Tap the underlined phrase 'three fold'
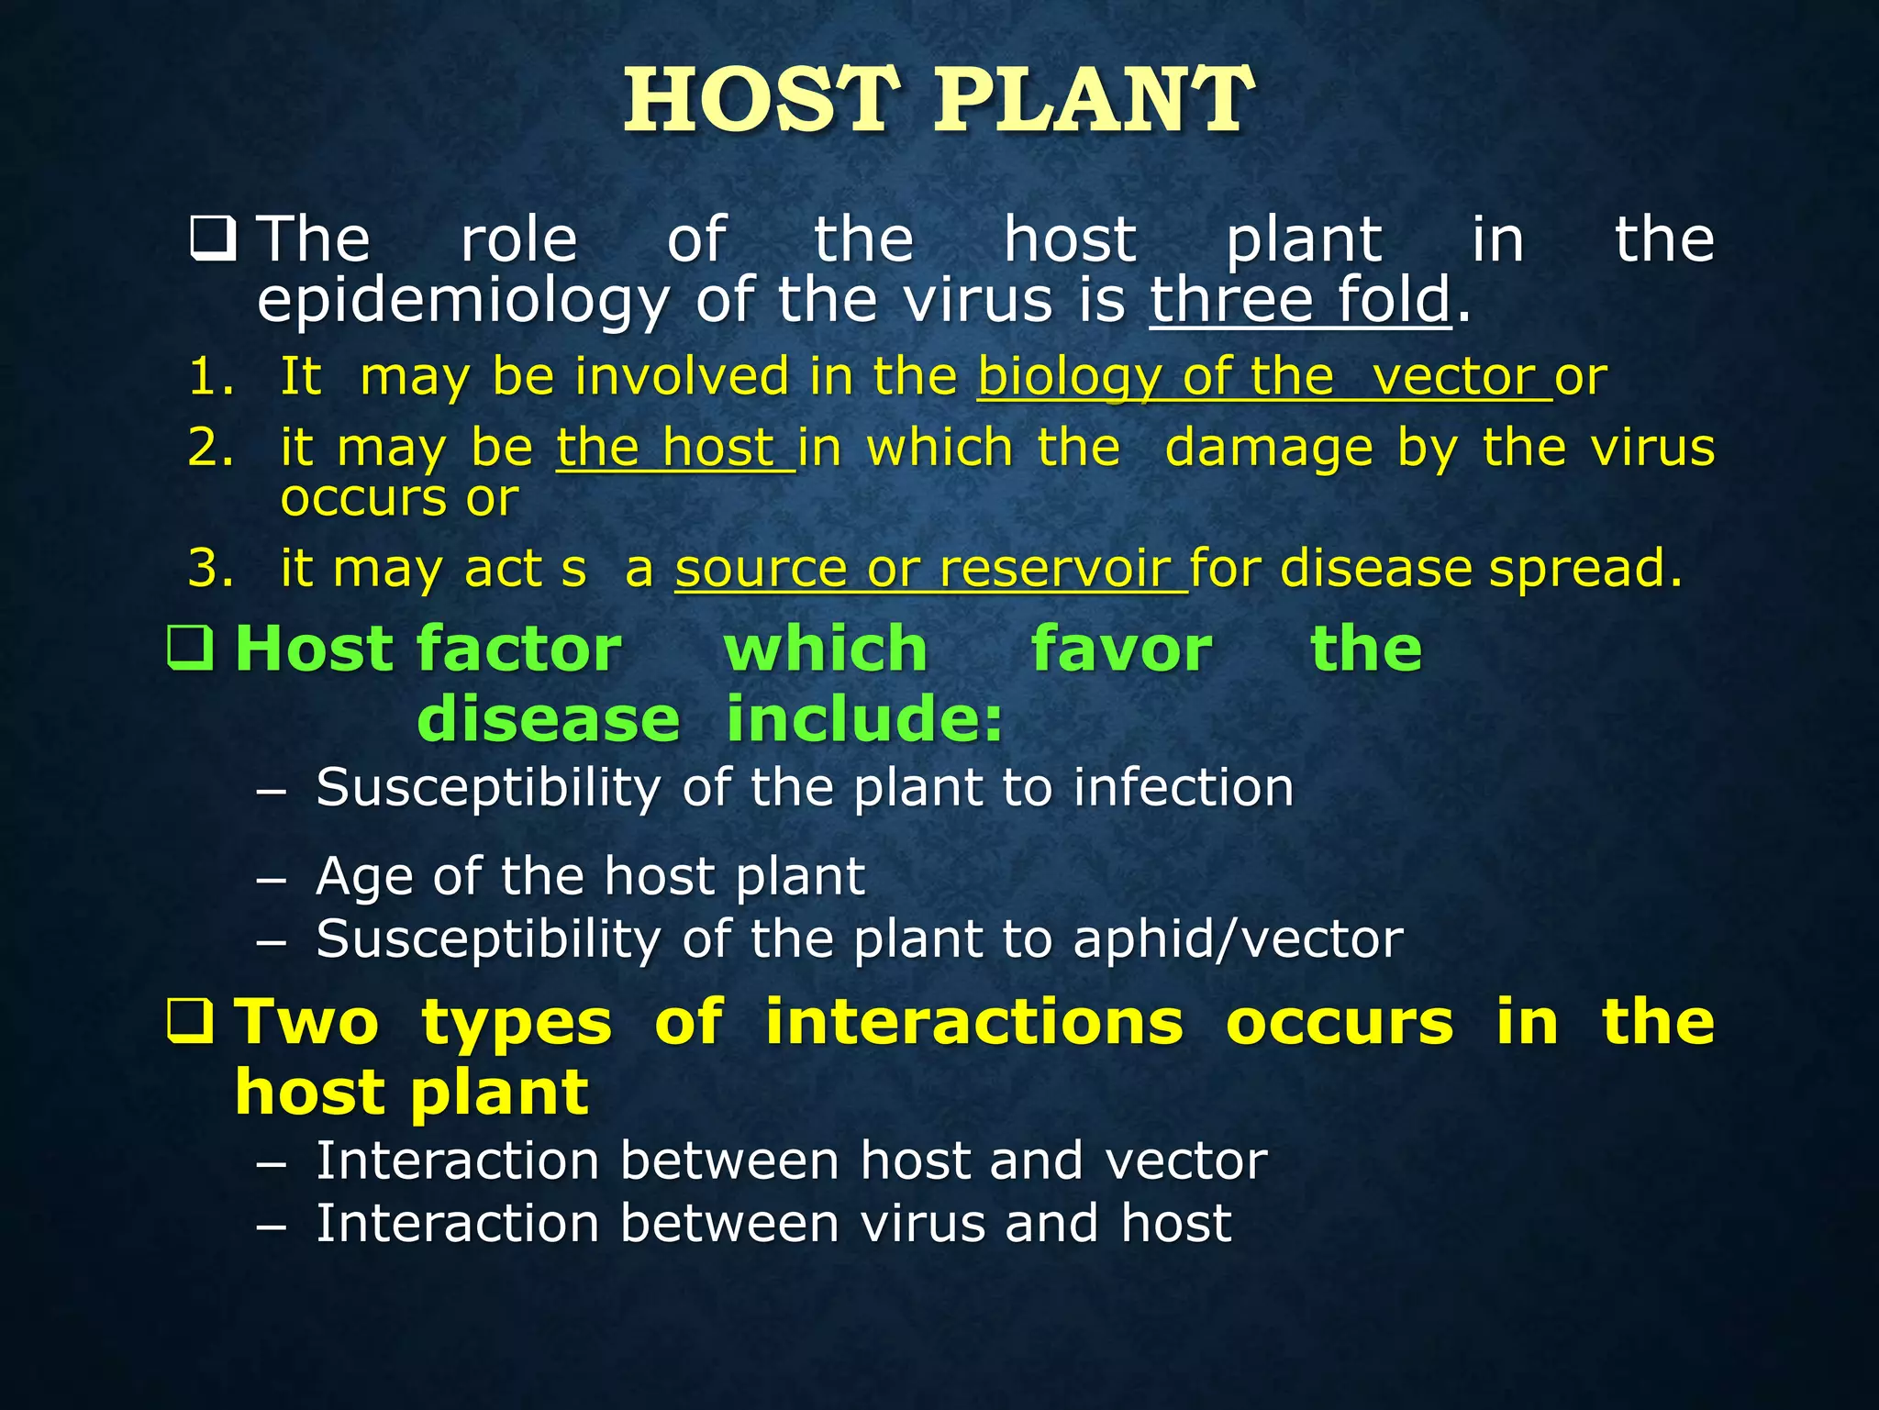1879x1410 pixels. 1300,300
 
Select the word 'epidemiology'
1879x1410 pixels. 463,302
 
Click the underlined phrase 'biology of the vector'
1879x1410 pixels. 1264,377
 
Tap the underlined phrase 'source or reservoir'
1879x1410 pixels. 930,568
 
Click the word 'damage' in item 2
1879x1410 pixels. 1270,450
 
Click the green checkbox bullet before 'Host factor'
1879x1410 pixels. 191,648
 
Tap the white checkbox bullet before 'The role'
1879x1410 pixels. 213,239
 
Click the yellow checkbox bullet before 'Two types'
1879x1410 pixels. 191,1021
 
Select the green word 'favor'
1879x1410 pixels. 1121,649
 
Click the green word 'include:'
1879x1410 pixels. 864,718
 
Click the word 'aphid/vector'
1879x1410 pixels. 1238,939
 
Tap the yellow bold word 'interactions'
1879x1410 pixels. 973,1022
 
